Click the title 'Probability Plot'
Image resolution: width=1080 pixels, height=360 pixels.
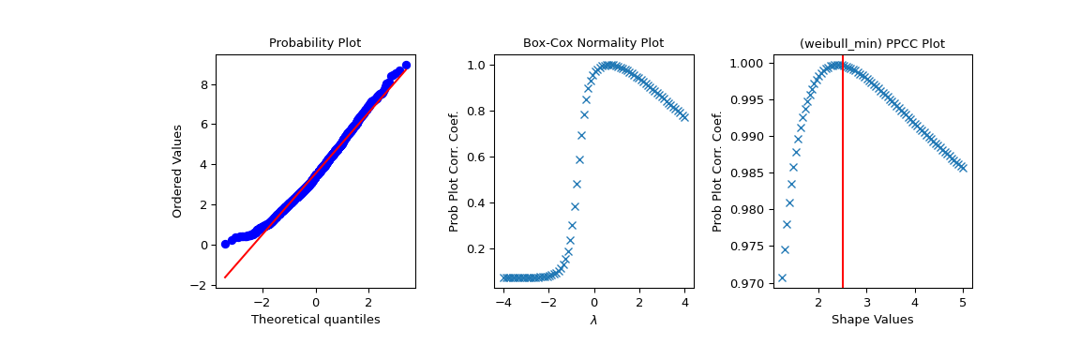click(315, 43)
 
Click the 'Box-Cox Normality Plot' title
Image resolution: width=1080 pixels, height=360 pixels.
click(592, 43)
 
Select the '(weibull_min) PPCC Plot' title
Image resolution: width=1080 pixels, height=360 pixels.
click(872, 43)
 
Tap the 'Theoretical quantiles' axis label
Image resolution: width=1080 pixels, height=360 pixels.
click(315, 320)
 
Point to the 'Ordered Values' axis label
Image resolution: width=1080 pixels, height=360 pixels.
click(177, 171)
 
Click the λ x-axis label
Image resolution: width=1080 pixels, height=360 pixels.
click(593, 321)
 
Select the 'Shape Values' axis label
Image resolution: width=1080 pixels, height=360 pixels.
click(872, 320)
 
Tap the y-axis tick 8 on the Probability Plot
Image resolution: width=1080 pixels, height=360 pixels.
click(206, 84)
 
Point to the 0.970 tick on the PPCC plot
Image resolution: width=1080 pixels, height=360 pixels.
click(750, 283)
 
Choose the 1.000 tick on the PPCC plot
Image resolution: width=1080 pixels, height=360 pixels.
click(750, 63)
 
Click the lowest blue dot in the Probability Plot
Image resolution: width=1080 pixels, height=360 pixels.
click(225, 244)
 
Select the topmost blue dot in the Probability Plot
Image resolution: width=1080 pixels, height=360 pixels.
click(406, 66)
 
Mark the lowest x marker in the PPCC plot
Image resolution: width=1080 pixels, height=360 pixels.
click(782, 277)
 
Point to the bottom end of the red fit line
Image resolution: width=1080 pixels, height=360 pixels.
click(225, 277)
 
